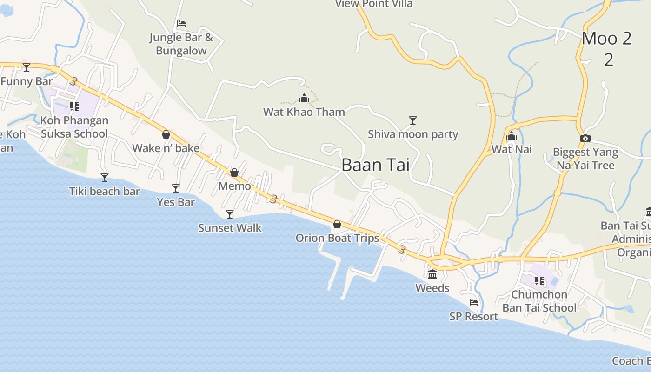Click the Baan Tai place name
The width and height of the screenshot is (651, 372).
(x=375, y=165)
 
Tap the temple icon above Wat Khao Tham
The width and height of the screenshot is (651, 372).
(x=304, y=98)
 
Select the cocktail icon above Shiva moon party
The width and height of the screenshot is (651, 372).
(x=412, y=120)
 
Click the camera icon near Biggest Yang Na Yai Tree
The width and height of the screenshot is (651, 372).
(x=585, y=138)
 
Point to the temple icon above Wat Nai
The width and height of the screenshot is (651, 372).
(x=511, y=136)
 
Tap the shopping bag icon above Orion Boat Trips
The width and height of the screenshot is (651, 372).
(x=337, y=225)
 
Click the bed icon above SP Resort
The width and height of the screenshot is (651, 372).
(x=474, y=303)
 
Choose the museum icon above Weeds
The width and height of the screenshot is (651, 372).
(x=432, y=274)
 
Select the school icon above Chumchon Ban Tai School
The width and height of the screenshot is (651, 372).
(x=539, y=281)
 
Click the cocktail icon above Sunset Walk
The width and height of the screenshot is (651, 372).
(x=230, y=214)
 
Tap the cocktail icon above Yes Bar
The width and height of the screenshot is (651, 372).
(x=176, y=188)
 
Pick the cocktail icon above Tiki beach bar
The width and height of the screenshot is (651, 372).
(x=105, y=178)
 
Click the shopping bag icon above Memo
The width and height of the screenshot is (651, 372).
(x=234, y=173)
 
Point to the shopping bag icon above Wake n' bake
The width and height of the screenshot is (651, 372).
(x=166, y=135)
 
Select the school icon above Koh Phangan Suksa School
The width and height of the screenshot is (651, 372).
(x=74, y=106)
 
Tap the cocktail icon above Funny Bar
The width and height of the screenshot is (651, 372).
(x=27, y=67)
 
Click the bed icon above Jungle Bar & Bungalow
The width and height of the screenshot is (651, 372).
(x=181, y=24)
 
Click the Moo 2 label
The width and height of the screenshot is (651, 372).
(x=607, y=39)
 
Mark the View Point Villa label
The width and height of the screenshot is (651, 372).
(x=374, y=4)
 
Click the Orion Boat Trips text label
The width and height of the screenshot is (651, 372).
(x=337, y=238)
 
